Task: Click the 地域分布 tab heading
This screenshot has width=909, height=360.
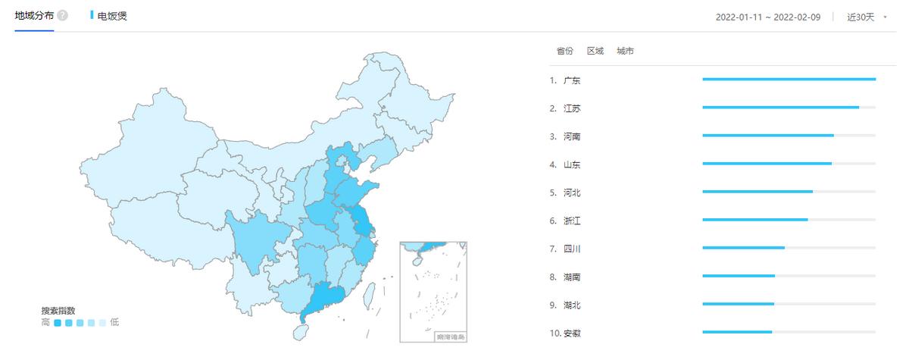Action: click(34, 15)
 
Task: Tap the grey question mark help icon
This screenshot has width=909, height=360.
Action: click(63, 15)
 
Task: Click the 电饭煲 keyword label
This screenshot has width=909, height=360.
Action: click(112, 15)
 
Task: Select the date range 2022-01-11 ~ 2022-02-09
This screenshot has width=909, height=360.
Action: click(768, 17)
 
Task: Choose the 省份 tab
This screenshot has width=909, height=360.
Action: click(564, 51)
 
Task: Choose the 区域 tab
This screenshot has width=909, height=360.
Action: click(595, 51)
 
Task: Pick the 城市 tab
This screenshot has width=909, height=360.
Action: click(626, 51)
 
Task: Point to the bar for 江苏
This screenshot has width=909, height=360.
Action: click(780, 107)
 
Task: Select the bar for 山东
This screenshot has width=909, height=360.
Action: click(767, 163)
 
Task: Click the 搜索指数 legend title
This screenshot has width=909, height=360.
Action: click(58, 311)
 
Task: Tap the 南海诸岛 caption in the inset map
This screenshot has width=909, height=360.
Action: click(451, 336)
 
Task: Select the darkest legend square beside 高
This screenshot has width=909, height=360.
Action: click(58, 323)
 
